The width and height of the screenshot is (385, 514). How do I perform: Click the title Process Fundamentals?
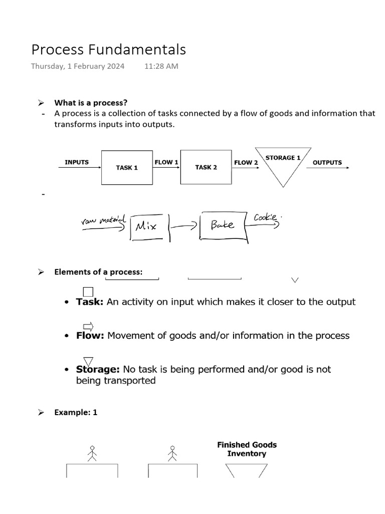108,49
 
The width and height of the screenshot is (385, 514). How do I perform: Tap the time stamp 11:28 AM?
161,66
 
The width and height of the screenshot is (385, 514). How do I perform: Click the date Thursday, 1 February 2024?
78,66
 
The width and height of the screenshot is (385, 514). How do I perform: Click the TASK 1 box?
127,167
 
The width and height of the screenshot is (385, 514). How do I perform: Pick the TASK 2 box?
206,167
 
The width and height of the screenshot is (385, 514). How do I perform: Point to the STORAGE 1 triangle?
283,163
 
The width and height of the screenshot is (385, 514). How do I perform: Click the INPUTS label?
77,162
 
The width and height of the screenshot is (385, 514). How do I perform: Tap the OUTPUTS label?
327,162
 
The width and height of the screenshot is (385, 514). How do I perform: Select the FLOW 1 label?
166,162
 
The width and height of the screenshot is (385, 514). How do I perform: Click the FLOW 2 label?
246,162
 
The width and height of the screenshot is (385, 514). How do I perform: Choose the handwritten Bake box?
223,225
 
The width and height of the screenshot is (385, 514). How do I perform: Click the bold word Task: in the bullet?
90,302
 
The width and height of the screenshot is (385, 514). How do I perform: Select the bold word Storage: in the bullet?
97,369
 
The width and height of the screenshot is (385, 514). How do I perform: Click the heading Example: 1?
76,412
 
